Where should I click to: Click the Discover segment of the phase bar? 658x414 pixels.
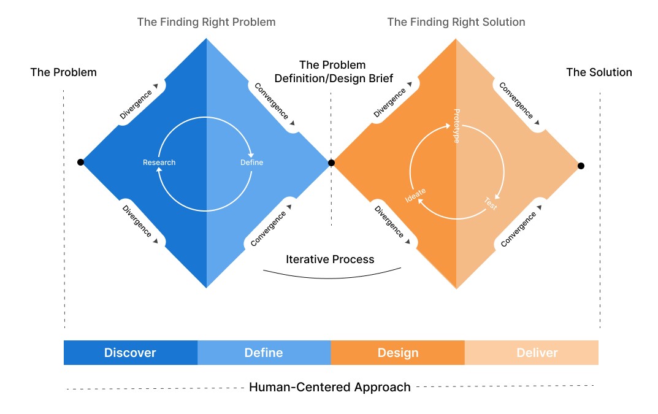[130, 353]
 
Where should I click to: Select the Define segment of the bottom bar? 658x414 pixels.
[264, 353]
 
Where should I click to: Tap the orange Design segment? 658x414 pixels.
[397, 353]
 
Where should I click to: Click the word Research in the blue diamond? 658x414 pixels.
[159, 163]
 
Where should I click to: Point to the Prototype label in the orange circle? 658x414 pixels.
[456, 126]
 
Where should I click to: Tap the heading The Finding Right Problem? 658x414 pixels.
[206, 22]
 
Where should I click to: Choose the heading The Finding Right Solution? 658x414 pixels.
[456, 22]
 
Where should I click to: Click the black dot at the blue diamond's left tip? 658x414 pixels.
[80, 163]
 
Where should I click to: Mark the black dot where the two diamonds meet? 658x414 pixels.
[331, 163]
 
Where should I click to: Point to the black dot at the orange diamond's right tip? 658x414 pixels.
[581, 166]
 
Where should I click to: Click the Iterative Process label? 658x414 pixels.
[330, 259]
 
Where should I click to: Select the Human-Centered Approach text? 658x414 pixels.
[330, 387]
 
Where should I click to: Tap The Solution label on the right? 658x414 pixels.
[599, 72]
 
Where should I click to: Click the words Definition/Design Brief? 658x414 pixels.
[334, 79]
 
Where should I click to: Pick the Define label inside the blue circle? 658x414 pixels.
[251, 163]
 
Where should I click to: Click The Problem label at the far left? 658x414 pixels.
[64, 72]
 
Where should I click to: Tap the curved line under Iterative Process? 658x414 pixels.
[331, 278]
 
